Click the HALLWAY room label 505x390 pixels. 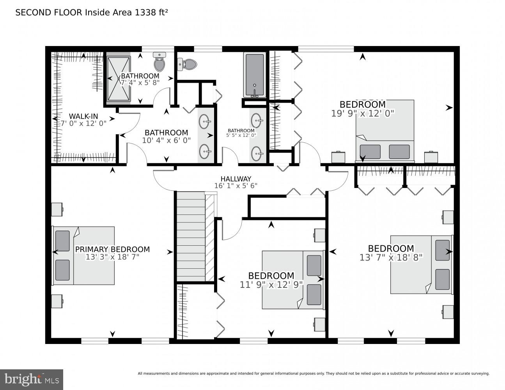[236, 179]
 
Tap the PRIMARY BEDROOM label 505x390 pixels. [112, 249]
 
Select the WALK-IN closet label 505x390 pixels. [83, 116]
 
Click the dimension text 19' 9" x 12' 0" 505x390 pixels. [363, 113]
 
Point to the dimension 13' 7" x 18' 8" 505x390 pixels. [391, 257]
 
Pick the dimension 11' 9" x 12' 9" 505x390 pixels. [271, 285]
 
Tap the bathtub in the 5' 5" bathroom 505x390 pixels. [255, 75]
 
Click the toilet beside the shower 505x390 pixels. [159, 62]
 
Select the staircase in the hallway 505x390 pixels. [195, 236]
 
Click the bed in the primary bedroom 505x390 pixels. [84, 256]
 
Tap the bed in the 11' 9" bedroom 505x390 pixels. [293, 280]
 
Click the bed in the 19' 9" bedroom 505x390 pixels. [385, 130]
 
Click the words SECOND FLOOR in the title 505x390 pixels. [49, 12]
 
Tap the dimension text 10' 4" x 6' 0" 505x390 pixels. [167, 140]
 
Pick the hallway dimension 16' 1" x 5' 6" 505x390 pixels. [236, 186]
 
